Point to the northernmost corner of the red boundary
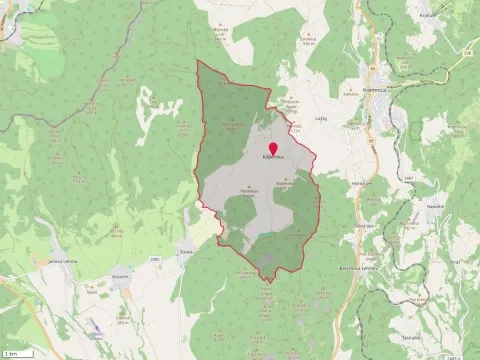click(197, 61)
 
